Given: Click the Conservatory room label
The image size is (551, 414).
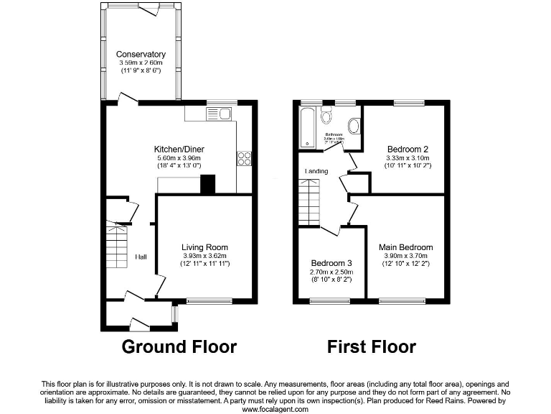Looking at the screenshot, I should [x=141, y=55].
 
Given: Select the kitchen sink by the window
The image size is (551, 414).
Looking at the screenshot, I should [x=218, y=114].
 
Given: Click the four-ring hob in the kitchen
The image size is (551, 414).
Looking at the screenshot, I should [x=243, y=158].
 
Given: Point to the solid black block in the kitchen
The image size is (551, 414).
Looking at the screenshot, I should [x=207, y=185].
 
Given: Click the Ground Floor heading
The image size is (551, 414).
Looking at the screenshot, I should [x=179, y=347].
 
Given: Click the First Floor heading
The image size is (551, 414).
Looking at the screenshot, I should [x=371, y=347].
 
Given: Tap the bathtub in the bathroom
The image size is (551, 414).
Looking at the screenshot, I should [x=306, y=127].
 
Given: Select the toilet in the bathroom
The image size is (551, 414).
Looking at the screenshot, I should [x=326, y=116].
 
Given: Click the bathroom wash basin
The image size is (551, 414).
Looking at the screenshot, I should [x=353, y=125].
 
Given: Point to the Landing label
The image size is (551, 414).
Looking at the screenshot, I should [x=316, y=171].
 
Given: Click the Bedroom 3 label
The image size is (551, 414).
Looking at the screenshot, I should [x=330, y=263].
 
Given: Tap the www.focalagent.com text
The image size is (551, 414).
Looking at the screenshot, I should [x=275, y=409].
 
